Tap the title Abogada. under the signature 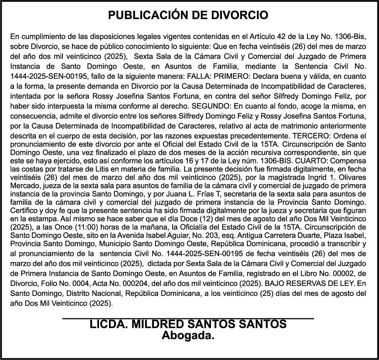(188, 336)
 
